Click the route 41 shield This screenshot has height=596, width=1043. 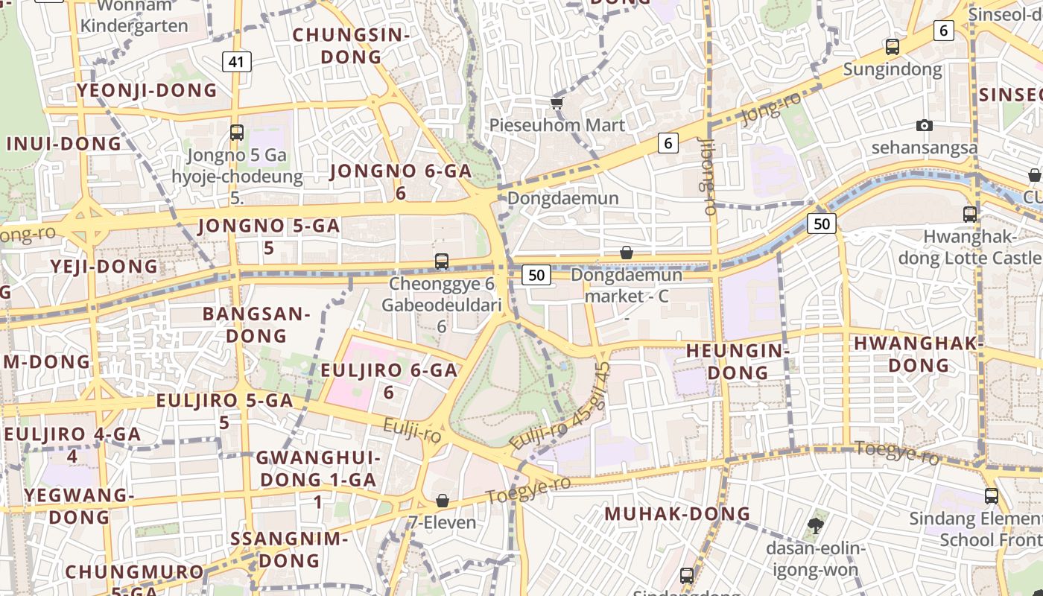click(x=236, y=62)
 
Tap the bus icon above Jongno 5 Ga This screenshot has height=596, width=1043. click(x=237, y=133)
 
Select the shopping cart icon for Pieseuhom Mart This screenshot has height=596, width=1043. click(x=557, y=103)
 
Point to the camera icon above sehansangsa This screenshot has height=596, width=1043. click(x=925, y=125)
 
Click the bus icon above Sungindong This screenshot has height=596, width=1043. click(x=893, y=47)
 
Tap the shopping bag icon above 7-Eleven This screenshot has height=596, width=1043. click(x=443, y=500)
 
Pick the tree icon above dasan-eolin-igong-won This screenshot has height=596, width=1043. click(x=816, y=525)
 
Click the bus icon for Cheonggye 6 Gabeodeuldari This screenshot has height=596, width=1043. click(x=442, y=261)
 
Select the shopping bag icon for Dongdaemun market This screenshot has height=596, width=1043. click(x=627, y=253)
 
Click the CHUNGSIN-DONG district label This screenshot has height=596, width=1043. click(x=351, y=45)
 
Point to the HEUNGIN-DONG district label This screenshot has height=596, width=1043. click(x=738, y=361)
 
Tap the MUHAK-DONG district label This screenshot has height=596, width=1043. click(x=677, y=513)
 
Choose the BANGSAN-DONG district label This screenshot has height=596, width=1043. click(x=256, y=325)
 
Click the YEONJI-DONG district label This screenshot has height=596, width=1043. click(x=148, y=91)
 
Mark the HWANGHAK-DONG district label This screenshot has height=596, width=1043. click(x=919, y=354)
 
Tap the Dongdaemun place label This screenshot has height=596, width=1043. click(x=563, y=198)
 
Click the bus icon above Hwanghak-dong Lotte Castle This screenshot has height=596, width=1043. click(x=970, y=215)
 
